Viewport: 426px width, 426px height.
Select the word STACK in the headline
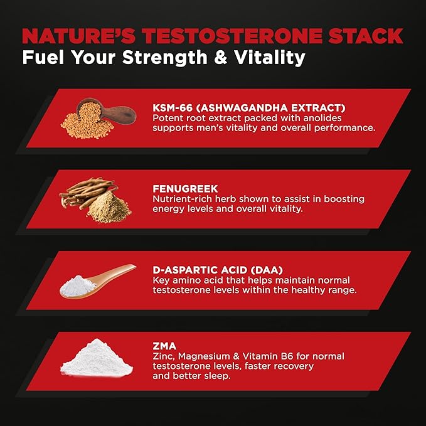(x=364, y=35)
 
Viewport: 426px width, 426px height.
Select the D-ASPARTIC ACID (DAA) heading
(x=210, y=270)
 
